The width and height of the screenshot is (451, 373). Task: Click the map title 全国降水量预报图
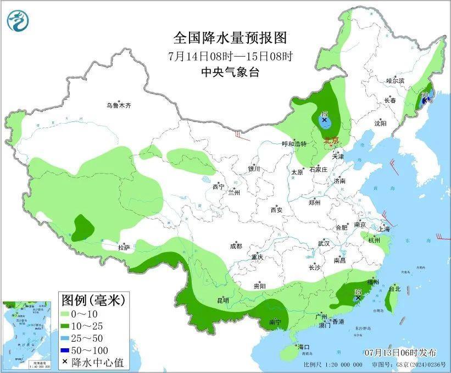(230, 38)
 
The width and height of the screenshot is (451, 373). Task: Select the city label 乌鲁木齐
(119, 105)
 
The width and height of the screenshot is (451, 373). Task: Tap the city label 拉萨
(124, 247)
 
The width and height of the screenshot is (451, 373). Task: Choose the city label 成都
(236, 247)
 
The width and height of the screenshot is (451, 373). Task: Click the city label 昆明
(223, 300)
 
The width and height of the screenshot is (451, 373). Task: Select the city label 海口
(304, 347)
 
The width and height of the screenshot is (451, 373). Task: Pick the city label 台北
(394, 288)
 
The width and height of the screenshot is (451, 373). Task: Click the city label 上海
(384, 229)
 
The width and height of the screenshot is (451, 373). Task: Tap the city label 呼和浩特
(294, 144)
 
